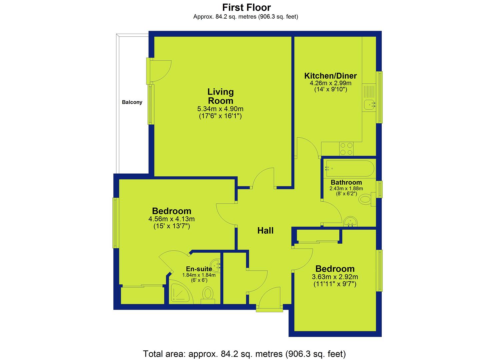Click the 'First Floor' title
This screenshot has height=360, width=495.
coord(246,8)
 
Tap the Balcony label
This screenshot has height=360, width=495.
coord(132,102)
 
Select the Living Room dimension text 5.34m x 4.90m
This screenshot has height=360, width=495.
coord(220,109)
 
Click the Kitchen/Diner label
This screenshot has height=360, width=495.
coord(330,76)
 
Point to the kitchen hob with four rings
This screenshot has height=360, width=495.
coord(346,149)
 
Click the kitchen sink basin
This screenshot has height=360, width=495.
coord(370,105)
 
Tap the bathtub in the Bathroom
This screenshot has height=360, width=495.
coord(350,169)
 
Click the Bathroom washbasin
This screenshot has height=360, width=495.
coord(350,221)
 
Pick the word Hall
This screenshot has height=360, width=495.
coord(265,231)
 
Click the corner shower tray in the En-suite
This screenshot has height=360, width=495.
coord(180,292)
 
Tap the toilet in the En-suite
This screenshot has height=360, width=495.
coord(208,296)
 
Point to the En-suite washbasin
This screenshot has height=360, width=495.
coord(215,265)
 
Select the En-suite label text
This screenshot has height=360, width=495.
coord(199,269)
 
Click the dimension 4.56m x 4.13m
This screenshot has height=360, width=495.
coord(171,219)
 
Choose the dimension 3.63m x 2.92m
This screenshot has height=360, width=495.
coord(335,277)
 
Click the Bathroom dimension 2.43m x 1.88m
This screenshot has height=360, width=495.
coord(346,189)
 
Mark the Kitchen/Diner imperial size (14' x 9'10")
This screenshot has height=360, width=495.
coord(331,90)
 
